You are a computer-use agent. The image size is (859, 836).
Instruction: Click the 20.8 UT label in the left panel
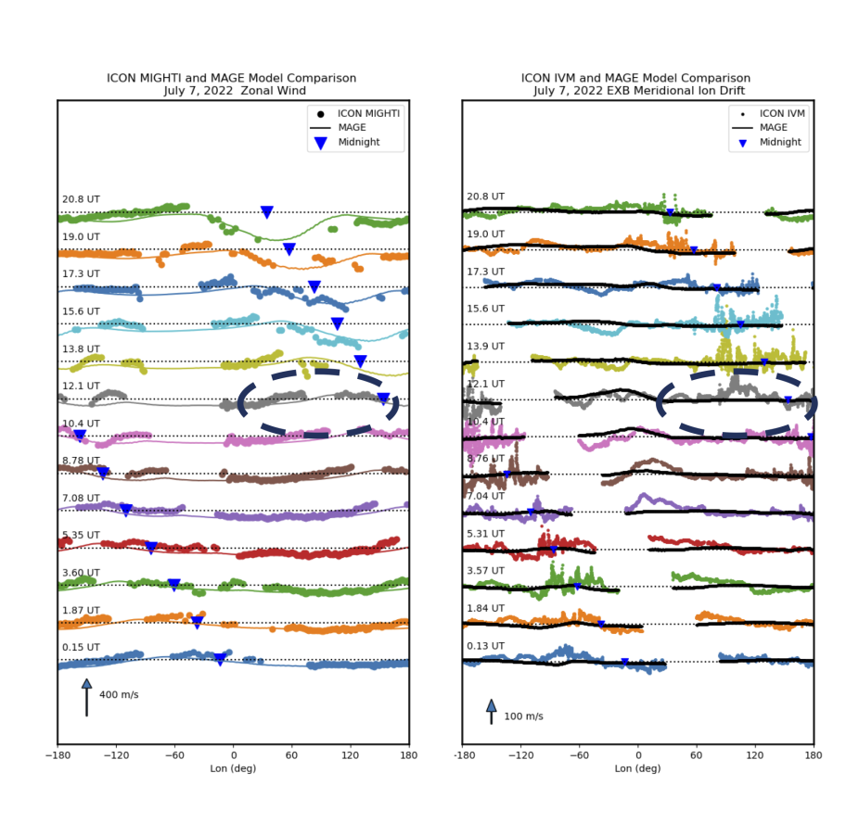click(x=74, y=199)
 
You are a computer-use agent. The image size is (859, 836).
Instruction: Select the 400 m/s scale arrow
click(x=86, y=696)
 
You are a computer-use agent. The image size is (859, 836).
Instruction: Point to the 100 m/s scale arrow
click(x=492, y=711)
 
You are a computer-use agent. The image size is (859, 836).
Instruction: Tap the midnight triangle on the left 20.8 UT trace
click(x=267, y=212)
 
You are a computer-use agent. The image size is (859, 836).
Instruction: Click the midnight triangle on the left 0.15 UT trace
click(x=220, y=659)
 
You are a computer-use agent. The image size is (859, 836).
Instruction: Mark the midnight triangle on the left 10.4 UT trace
click(x=80, y=435)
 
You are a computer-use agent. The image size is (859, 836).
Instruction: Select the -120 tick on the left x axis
click(x=116, y=756)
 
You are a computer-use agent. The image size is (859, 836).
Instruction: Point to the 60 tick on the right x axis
click(x=696, y=756)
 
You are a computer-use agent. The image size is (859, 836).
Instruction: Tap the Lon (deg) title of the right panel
click(x=637, y=768)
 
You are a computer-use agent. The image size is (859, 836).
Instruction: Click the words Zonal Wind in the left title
click(x=273, y=91)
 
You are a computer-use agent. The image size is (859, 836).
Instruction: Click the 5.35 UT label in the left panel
click(x=74, y=535)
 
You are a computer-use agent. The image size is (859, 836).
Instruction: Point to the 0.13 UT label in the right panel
click(x=484, y=646)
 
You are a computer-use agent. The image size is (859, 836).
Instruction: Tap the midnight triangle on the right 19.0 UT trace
click(x=693, y=250)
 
